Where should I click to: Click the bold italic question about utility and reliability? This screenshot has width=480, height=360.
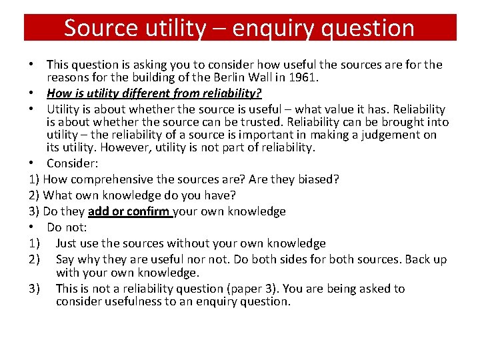coord(154,93)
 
